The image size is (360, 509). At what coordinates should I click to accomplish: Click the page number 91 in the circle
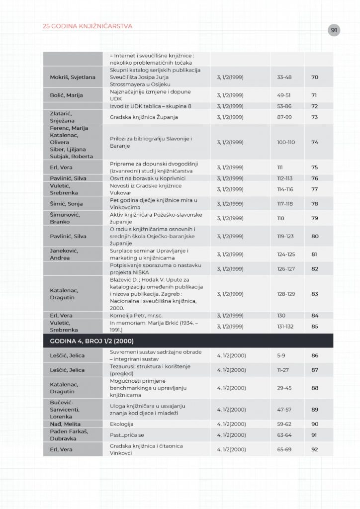point(334,30)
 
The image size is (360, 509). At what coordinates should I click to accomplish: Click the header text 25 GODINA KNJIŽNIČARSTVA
point(88,26)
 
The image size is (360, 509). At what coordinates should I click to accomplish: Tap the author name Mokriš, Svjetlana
point(73,78)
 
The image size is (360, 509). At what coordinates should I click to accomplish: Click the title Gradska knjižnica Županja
point(144,117)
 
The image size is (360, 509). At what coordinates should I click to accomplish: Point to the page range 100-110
point(286,142)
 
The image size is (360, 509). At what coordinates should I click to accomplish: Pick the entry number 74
point(314,142)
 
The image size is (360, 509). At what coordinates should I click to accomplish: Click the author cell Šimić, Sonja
point(66,204)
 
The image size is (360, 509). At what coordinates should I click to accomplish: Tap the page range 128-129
point(286,294)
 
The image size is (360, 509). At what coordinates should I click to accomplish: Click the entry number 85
point(314,326)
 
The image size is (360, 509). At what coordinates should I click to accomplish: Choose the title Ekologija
point(122,424)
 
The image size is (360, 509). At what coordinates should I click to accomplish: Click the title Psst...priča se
point(127,434)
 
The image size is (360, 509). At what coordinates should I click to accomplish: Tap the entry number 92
point(314,449)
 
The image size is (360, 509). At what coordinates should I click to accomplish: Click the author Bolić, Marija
point(66,95)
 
